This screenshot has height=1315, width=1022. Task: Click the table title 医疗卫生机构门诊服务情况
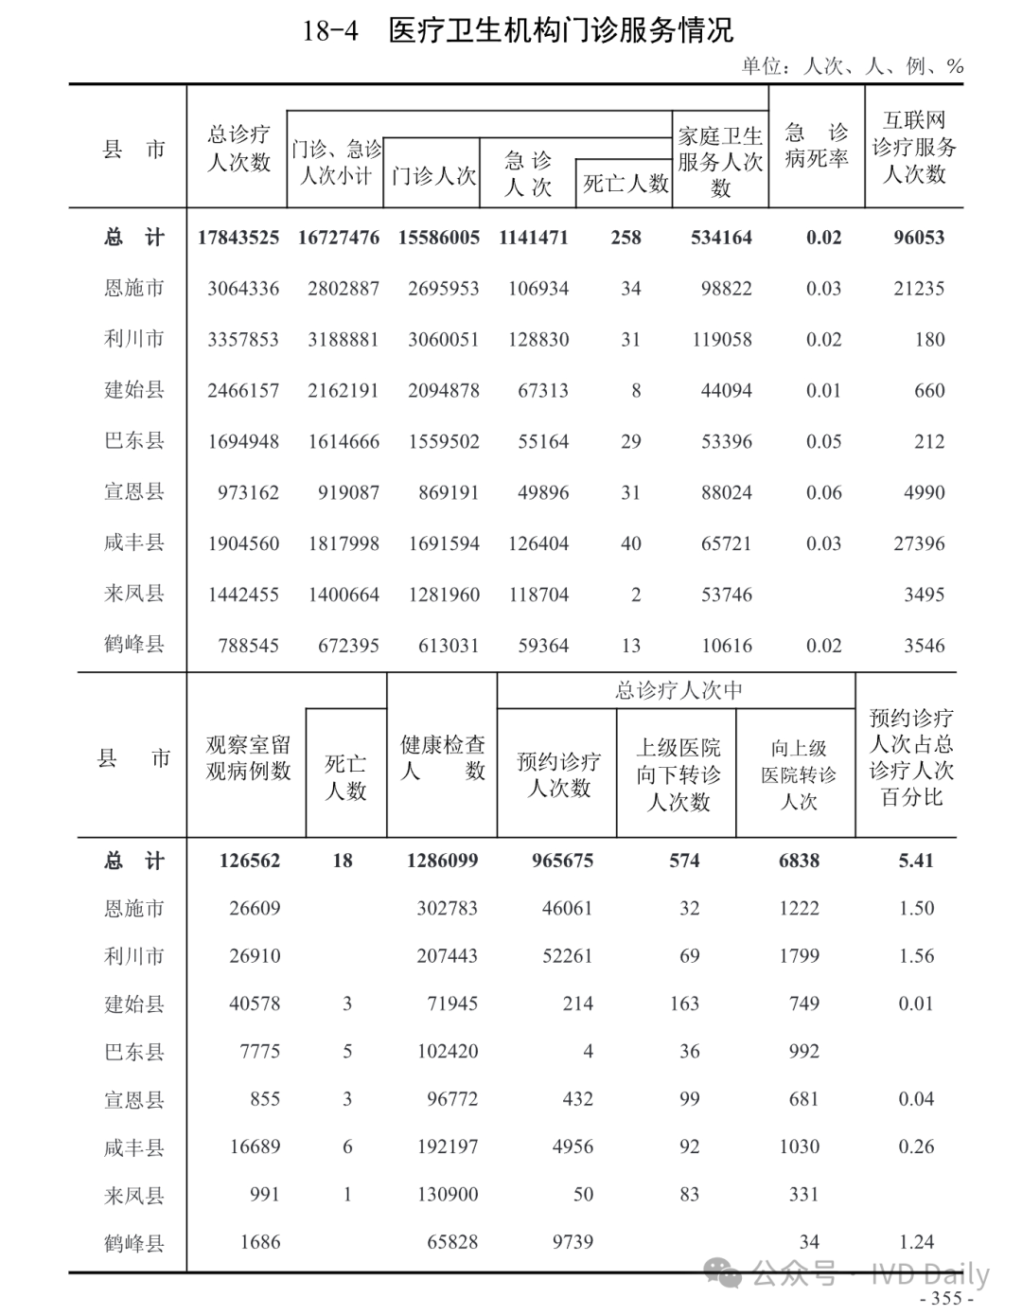560,30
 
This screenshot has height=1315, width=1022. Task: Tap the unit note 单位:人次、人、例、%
852,65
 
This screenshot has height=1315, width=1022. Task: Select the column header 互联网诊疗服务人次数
914,147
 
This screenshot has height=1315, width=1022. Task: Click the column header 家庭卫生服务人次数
720,161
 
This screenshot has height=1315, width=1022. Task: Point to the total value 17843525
238,238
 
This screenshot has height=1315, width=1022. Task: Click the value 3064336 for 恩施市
243,289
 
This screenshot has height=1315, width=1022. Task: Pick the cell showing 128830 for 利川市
538,340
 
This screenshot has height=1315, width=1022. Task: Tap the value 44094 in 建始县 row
726,391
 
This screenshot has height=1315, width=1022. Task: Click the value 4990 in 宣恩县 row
924,493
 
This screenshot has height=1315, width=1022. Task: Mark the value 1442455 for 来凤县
243,595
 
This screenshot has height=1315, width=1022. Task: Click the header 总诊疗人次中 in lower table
678,691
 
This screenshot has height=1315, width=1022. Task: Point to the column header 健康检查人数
442,757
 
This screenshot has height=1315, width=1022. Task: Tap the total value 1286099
442,862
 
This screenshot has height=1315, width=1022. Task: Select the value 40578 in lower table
255,1004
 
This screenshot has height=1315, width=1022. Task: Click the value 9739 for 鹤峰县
573,1242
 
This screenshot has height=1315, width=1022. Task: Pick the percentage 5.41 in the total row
915,862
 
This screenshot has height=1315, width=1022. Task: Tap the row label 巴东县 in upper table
133,442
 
